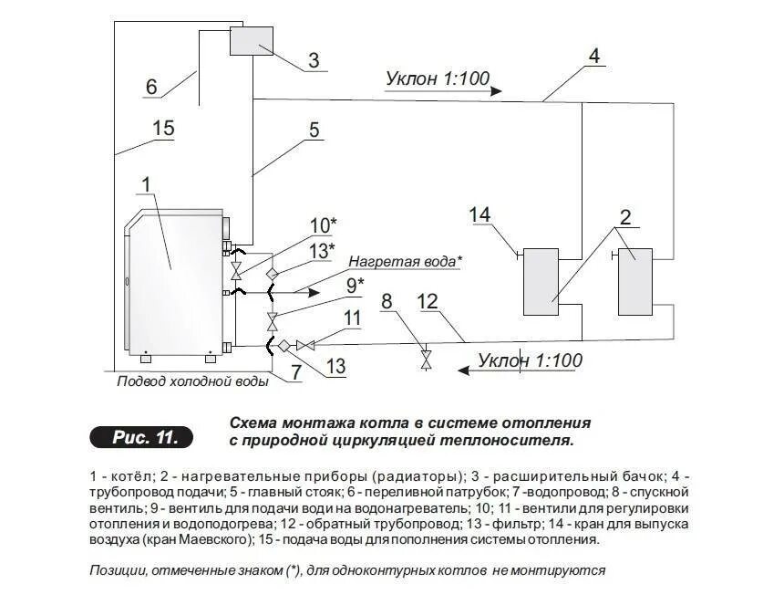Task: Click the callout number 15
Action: [x=163, y=128]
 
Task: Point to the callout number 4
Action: [x=593, y=57]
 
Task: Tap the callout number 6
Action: [x=152, y=87]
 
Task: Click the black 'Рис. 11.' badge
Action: [x=142, y=437]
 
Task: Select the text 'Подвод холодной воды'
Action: [x=193, y=381]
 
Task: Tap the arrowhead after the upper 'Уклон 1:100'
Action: [x=496, y=90]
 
